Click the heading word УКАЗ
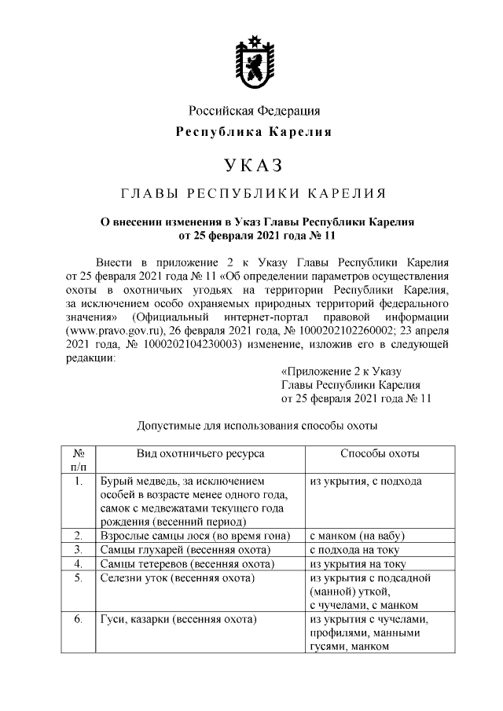click(x=252, y=166)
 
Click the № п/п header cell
click(x=78, y=460)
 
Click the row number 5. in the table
click(x=78, y=578)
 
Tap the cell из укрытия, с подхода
click(x=365, y=481)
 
